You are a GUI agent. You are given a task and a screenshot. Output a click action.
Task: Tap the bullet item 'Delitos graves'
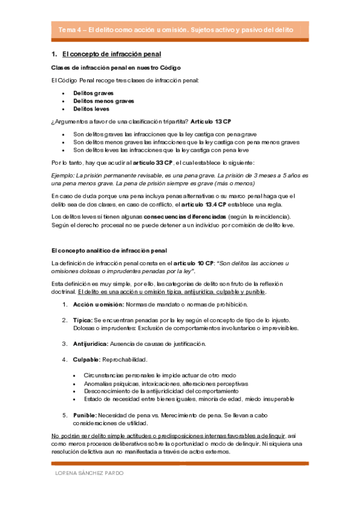(93, 93)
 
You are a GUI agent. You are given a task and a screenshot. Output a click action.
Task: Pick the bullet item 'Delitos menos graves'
(103, 101)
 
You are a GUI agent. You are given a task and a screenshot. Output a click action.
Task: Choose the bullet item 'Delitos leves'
(91, 109)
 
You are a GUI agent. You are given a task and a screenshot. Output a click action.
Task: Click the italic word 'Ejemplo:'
(64, 174)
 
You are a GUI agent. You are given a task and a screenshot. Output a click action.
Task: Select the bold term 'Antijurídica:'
(91, 344)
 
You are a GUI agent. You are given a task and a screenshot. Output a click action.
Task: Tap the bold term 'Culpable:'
(87, 360)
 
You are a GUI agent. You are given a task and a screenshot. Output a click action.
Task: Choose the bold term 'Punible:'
(85, 415)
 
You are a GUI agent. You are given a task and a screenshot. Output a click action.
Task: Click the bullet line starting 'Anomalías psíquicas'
(165, 383)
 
